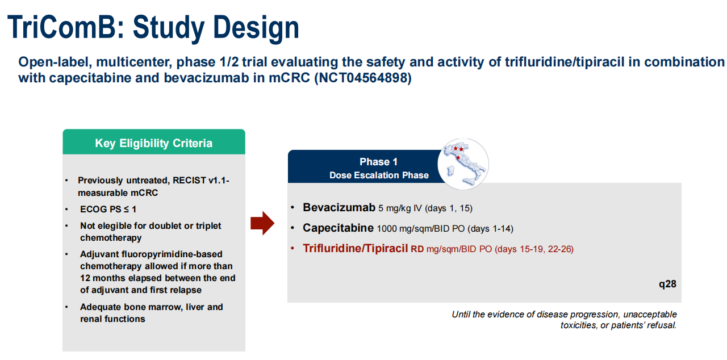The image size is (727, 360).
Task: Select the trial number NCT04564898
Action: (363, 78)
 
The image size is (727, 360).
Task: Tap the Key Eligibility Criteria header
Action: (153, 143)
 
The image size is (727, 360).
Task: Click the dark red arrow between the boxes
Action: (262, 223)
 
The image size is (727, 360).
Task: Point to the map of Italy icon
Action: (463, 164)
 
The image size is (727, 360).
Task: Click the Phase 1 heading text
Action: (378, 161)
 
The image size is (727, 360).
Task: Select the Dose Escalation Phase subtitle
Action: (379, 175)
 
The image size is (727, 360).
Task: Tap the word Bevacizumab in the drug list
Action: (339, 207)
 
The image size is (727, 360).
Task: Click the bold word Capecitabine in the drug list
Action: (338, 228)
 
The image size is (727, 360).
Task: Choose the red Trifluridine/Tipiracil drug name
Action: (355, 249)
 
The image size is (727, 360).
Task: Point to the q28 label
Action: (667, 284)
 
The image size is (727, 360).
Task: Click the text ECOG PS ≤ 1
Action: (108, 209)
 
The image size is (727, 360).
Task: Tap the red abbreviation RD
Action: (417, 249)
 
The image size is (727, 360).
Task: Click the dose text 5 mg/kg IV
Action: (400, 208)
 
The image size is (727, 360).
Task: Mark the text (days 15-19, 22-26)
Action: (534, 249)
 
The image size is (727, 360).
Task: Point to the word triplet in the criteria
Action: (208, 226)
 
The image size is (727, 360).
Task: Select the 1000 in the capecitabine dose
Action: (387, 229)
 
